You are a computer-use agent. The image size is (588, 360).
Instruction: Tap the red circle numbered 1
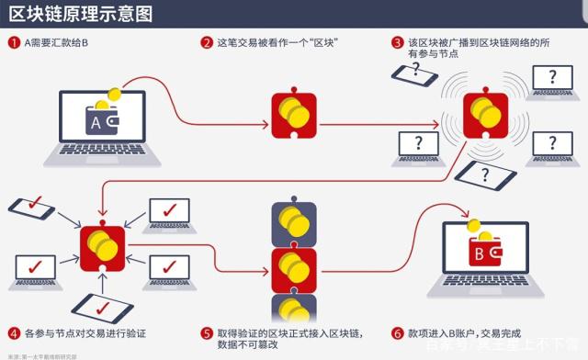pos(14,42)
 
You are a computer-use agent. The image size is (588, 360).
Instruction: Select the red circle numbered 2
pos(206,42)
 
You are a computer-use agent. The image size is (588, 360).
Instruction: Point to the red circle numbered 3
pos(397,42)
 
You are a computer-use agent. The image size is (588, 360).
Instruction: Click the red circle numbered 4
pos(14,333)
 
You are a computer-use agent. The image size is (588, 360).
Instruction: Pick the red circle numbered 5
pos(206,333)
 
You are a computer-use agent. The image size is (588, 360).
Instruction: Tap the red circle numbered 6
pos(397,333)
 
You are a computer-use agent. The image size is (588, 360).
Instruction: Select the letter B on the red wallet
pos(478,252)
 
